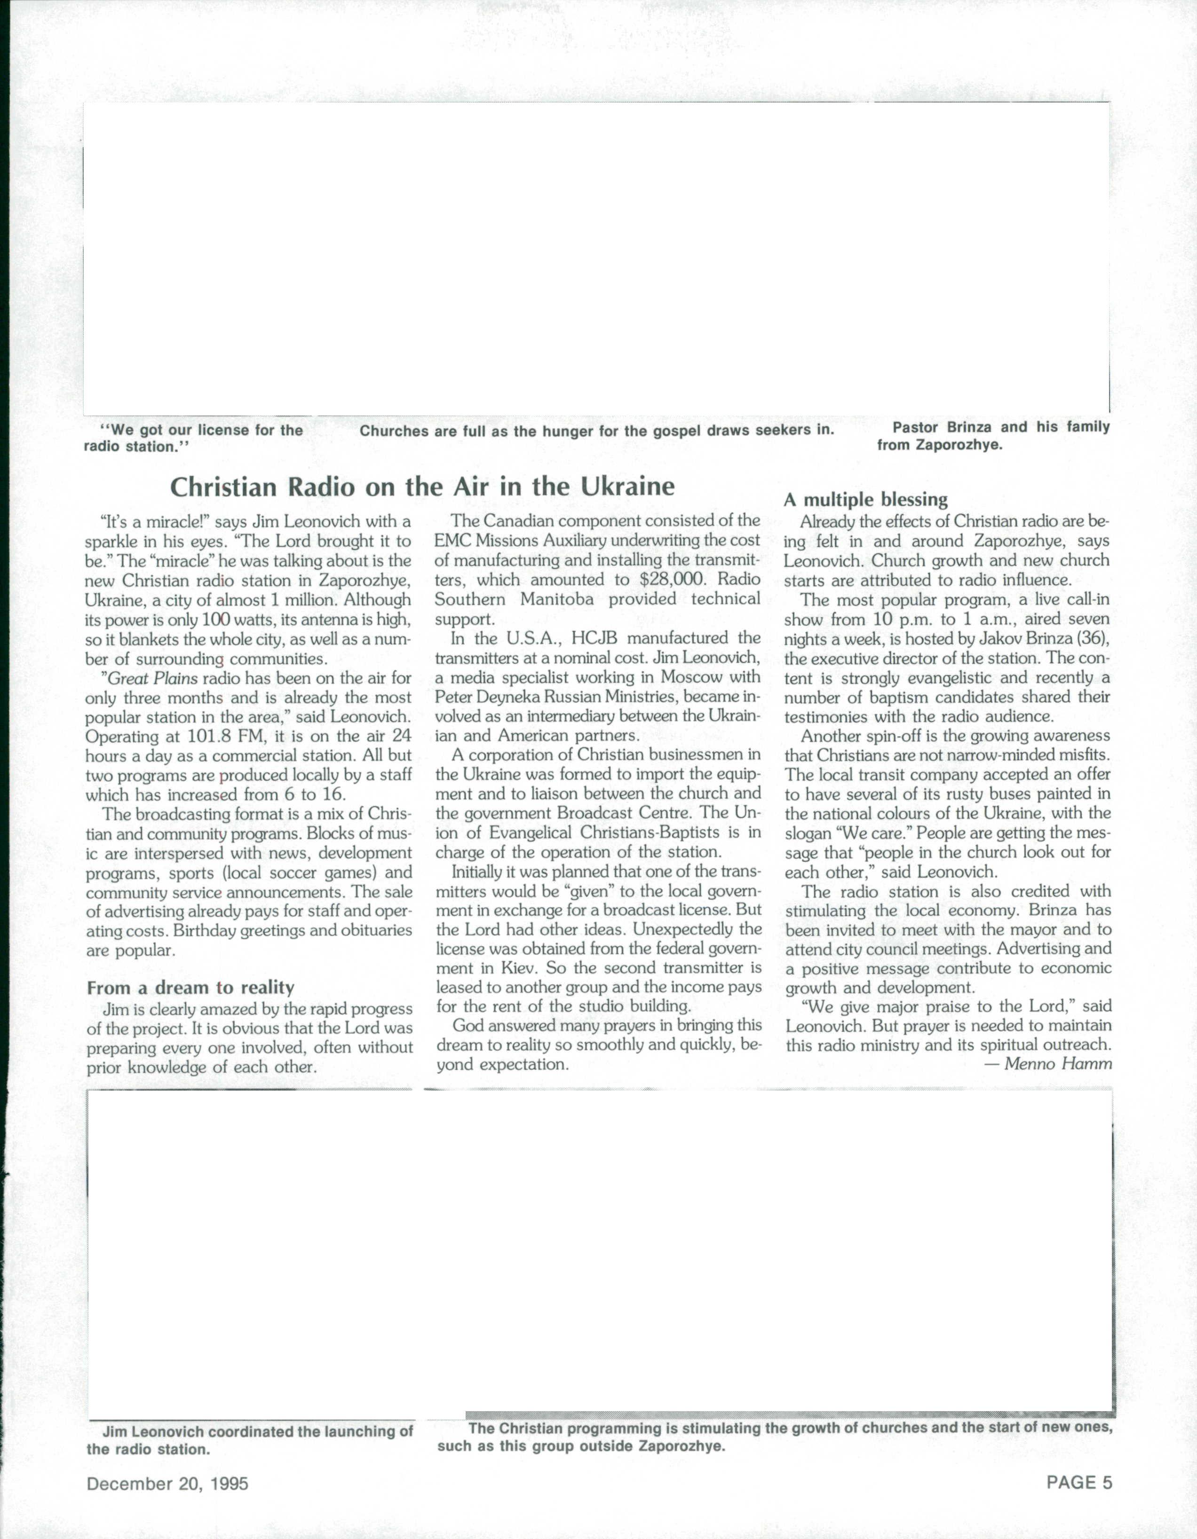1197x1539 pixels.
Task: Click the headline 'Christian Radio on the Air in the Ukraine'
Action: [x=422, y=487]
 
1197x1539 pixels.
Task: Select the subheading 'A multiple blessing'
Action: [x=866, y=500]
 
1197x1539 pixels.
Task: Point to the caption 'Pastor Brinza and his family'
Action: [x=1001, y=427]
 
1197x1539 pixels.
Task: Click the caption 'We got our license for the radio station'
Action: [x=194, y=438]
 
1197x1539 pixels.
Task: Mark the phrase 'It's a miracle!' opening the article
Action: [x=154, y=522]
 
